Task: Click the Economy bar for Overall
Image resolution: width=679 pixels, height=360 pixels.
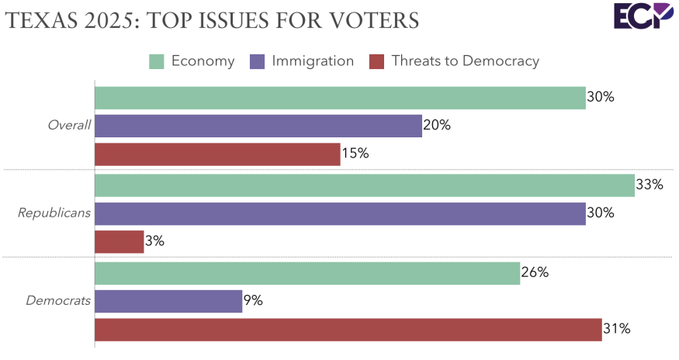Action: tap(340, 98)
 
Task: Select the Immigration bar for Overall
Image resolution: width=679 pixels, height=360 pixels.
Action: tap(258, 126)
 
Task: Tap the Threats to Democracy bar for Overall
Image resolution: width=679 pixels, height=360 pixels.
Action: tap(217, 154)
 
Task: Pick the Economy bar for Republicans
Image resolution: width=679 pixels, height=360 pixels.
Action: tap(365, 185)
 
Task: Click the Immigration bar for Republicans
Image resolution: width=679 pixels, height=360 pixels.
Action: tap(340, 213)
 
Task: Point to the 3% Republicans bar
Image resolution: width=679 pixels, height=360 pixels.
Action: tap(120, 241)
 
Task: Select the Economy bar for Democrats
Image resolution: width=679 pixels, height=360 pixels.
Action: tap(307, 272)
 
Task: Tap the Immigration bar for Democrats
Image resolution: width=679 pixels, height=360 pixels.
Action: tap(168, 300)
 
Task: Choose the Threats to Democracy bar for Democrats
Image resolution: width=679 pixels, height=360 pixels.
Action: tap(348, 329)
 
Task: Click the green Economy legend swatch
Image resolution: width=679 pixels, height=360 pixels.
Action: tap(157, 61)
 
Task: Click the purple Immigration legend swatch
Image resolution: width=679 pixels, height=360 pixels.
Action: tap(258, 61)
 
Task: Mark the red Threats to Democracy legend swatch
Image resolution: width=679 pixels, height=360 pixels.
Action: tap(377, 61)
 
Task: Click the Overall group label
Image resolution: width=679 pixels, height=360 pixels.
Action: tap(69, 126)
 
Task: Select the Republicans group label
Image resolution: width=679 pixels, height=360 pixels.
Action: tap(54, 213)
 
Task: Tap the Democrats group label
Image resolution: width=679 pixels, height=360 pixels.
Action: tap(59, 300)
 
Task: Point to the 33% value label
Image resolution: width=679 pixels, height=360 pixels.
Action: tap(650, 185)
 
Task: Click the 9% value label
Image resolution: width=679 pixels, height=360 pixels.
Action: tap(254, 300)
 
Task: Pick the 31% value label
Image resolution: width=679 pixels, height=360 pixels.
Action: tap(617, 329)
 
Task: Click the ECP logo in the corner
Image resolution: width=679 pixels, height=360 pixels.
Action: tap(643, 17)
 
